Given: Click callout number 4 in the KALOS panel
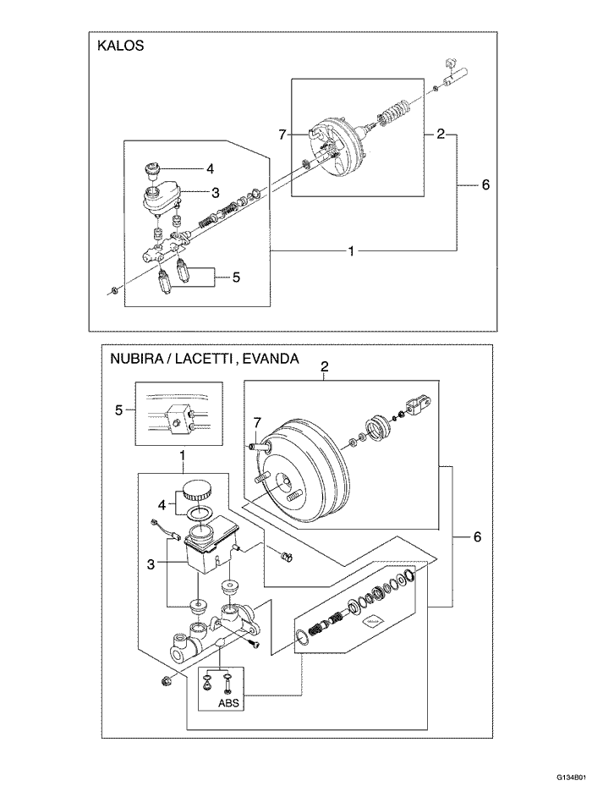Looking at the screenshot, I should pyautogui.click(x=210, y=168).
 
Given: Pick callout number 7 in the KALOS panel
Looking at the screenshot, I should pyautogui.click(x=283, y=134).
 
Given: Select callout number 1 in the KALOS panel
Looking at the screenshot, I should pyautogui.click(x=351, y=250).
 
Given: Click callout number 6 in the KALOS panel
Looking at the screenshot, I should pyautogui.click(x=485, y=184).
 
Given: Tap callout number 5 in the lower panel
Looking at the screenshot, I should pyautogui.click(x=119, y=410).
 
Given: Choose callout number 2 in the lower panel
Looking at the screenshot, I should pyautogui.click(x=324, y=366).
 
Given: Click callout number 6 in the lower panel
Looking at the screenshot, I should pyautogui.click(x=477, y=536).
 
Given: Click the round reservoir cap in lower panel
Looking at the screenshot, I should pyautogui.click(x=195, y=490).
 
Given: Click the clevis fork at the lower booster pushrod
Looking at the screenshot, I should pyautogui.click(x=421, y=405).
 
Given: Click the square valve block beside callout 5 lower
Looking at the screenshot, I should pyautogui.click(x=178, y=417).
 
